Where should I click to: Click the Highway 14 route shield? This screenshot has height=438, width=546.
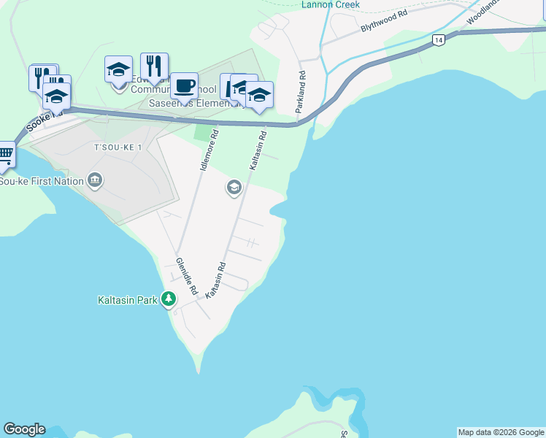pyautogui.click(x=438, y=41)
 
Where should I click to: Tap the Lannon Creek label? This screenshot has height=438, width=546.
pyautogui.click(x=330, y=4)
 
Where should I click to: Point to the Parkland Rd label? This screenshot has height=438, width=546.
pyautogui.click(x=300, y=92)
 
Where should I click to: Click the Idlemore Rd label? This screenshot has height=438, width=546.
pyautogui.click(x=209, y=150)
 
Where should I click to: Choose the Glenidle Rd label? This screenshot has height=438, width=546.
pyautogui.click(x=186, y=275)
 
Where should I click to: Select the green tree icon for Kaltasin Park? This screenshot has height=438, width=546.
pyautogui.click(x=169, y=299)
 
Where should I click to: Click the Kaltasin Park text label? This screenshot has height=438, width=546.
pyautogui.click(x=127, y=300)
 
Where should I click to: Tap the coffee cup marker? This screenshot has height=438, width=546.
pyautogui.click(x=185, y=85)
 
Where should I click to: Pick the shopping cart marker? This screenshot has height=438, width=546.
pyautogui.click(x=4, y=154)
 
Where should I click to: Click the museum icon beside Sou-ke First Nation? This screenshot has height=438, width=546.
pyautogui.click(x=95, y=180)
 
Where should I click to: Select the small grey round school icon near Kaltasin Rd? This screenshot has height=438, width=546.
pyautogui.click(x=234, y=188)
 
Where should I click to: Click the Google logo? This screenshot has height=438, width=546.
pyautogui.click(x=24, y=429)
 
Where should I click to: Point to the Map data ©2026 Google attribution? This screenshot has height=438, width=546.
pyautogui.click(x=501, y=432)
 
